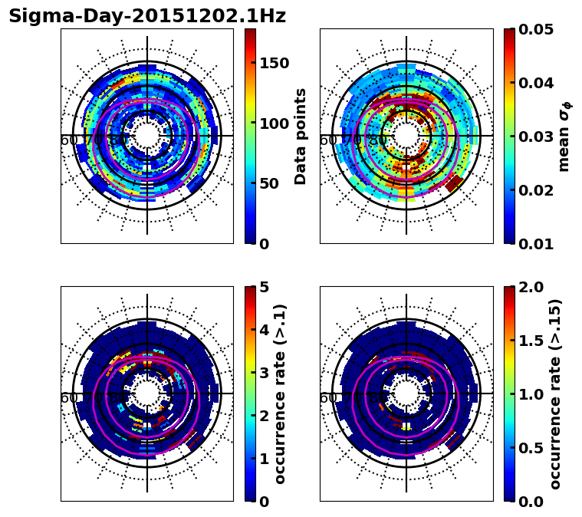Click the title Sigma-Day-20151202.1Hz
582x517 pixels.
pos(147,16)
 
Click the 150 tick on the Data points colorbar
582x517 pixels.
pos(274,63)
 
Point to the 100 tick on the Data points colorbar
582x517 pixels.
pos(274,123)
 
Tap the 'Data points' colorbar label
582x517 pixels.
pos(301,137)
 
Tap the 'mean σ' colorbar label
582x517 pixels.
pos(564,137)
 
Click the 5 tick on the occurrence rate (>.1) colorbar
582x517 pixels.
pos(264,288)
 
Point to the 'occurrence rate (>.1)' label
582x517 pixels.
pos(281,394)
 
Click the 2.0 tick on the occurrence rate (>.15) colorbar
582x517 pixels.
pos(528,288)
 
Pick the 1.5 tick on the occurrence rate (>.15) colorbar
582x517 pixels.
pos(528,341)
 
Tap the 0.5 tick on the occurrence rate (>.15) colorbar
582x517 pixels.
pos(528,448)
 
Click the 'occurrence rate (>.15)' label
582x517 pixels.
pos(555,394)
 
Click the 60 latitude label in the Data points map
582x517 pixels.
pos(68,140)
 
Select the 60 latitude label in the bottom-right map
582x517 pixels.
pos(327,398)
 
